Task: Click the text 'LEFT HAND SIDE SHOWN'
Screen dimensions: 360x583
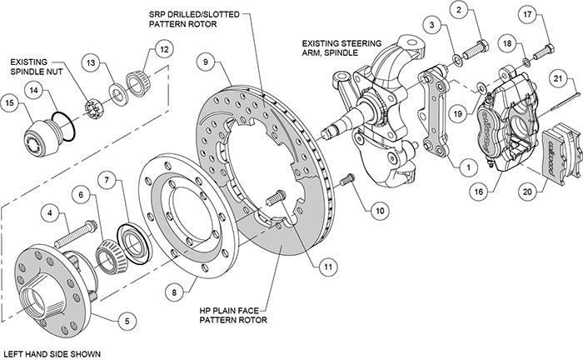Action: [52, 353]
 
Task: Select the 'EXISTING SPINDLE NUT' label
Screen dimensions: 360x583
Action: [39, 67]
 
